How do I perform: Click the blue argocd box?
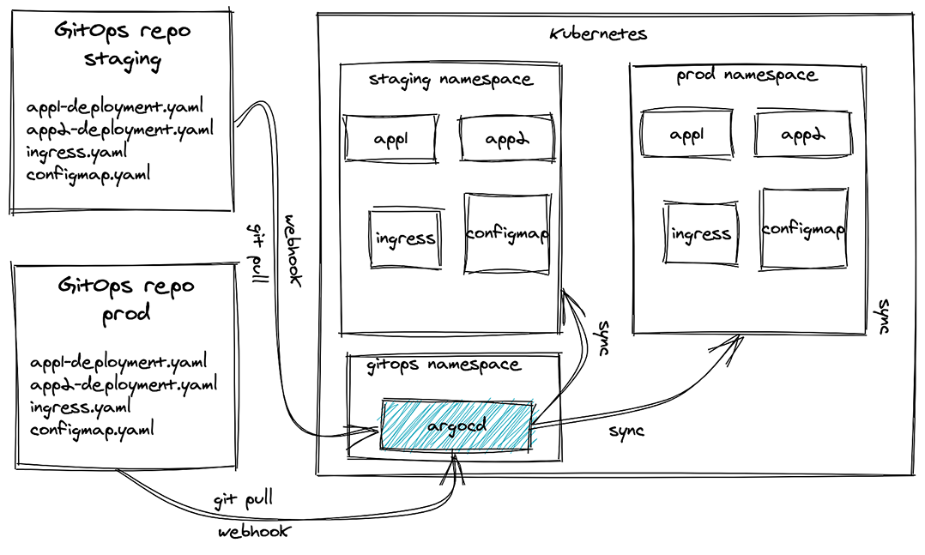point(456,425)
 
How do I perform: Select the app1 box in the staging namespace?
point(391,139)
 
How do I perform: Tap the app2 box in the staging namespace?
point(507,139)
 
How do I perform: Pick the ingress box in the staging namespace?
point(406,238)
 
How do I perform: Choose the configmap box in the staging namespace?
point(507,233)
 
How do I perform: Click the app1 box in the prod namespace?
point(686,134)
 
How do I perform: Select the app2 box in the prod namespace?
point(803,134)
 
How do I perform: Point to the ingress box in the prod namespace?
point(701,233)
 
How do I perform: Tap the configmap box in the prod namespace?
point(803,229)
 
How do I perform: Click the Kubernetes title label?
point(598,33)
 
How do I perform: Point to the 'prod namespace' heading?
point(747,75)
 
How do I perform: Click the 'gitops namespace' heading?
point(444,365)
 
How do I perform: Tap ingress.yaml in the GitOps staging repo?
point(76,152)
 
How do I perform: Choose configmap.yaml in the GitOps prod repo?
point(92,430)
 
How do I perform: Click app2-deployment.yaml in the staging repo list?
point(120,130)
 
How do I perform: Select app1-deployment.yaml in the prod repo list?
point(118,361)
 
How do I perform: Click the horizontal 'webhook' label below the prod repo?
point(254,531)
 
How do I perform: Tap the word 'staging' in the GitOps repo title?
point(123,59)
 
